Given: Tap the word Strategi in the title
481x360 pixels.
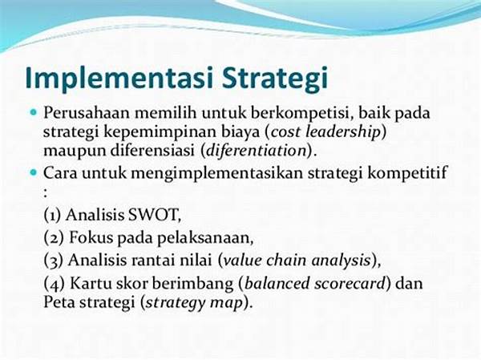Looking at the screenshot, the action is (275, 78).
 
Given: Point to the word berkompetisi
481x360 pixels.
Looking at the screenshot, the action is (301, 113).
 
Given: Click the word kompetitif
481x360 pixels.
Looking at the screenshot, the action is (406, 173).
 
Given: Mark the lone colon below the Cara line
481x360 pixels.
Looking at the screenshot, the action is (46, 192).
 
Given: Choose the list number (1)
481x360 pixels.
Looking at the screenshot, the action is (53, 215).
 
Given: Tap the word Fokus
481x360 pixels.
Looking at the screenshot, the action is (91, 237).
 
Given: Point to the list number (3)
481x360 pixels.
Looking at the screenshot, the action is (54, 261).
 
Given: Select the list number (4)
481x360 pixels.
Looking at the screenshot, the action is (54, 283).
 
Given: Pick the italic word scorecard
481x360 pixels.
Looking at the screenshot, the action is (350, 283).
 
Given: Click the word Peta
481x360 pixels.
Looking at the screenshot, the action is (59, 302).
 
